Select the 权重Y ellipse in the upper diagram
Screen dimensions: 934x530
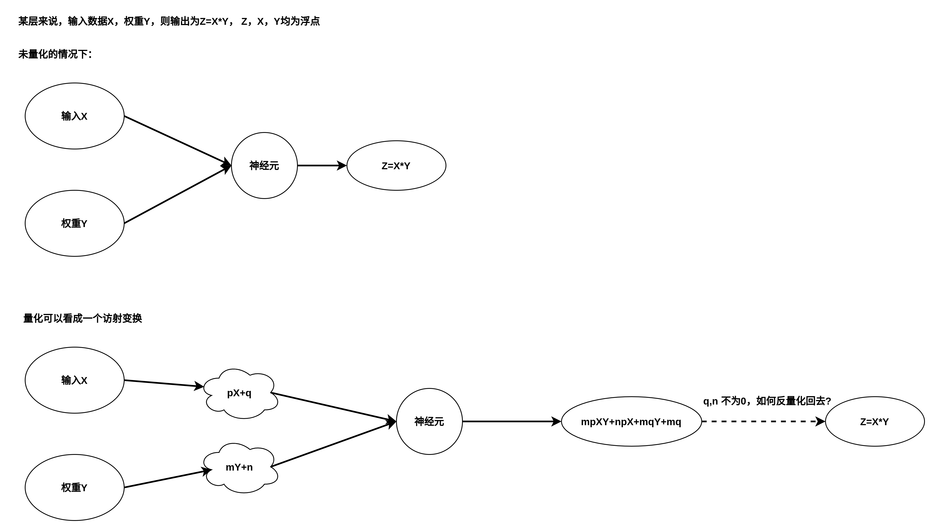(x=74, y=223)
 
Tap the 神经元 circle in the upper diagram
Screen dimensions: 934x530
(x=264, y=166)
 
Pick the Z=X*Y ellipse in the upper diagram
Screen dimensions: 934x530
(x=396, y=166)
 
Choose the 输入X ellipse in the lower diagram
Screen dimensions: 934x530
(x=74, y=380)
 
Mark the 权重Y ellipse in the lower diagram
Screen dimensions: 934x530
(x=74, y=487)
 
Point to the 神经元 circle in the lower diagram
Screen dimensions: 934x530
(x=429, y=421)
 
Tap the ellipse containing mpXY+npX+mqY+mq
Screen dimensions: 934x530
(x=631, y=421)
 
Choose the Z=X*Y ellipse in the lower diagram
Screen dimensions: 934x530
(x=875, y=421)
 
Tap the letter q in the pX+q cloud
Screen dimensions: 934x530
(x=248, y=394)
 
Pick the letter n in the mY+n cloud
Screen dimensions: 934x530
(x=250, y=467)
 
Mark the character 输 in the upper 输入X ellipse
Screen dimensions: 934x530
(x=66, y=116)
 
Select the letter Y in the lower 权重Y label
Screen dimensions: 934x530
(x=84, y=488)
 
